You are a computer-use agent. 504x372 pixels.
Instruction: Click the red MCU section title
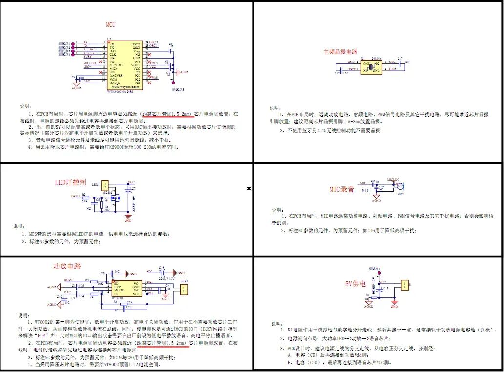(111, 24)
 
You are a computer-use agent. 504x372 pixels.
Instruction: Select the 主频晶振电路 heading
(340, 51)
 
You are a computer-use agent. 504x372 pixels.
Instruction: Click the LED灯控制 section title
(71, 183)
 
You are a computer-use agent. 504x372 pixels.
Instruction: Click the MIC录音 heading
(341, 189)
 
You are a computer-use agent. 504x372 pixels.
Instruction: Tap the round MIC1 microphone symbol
(400, 186)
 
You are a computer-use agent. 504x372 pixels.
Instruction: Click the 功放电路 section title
(67, 266)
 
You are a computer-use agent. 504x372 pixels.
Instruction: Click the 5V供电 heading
(355, 283)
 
